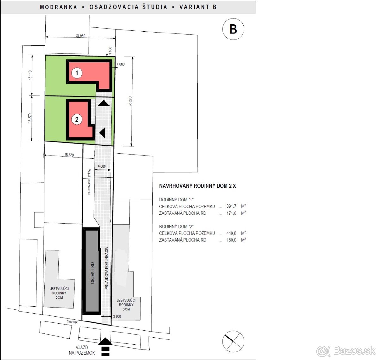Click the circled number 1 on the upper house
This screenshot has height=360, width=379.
coord(77,73)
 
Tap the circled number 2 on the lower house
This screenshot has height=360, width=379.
coord(77,119)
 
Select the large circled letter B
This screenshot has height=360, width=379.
coord(233,29)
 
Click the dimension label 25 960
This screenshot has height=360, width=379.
coord(81,36)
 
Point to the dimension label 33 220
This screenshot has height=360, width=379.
coord(130,101)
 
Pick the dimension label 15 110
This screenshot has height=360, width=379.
coord(30,75)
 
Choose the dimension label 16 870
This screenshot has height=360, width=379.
coord(30,118)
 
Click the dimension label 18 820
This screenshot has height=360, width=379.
coord(69,155)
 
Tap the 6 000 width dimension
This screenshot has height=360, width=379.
coord(102,166)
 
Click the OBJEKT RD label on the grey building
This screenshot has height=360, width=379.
coord(93,273)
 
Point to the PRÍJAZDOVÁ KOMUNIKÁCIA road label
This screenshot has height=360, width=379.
coord(107,268)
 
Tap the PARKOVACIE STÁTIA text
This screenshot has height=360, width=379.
coord(89,182)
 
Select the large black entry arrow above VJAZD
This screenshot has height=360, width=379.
coord(105,341)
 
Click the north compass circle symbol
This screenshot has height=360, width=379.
coord(233,341)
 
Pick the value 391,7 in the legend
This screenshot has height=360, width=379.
coord(231,206)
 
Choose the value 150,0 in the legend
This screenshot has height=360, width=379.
coord(231,240)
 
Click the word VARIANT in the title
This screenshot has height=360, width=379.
coord(194,7)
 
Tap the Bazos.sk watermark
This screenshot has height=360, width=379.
coord(346,351)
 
